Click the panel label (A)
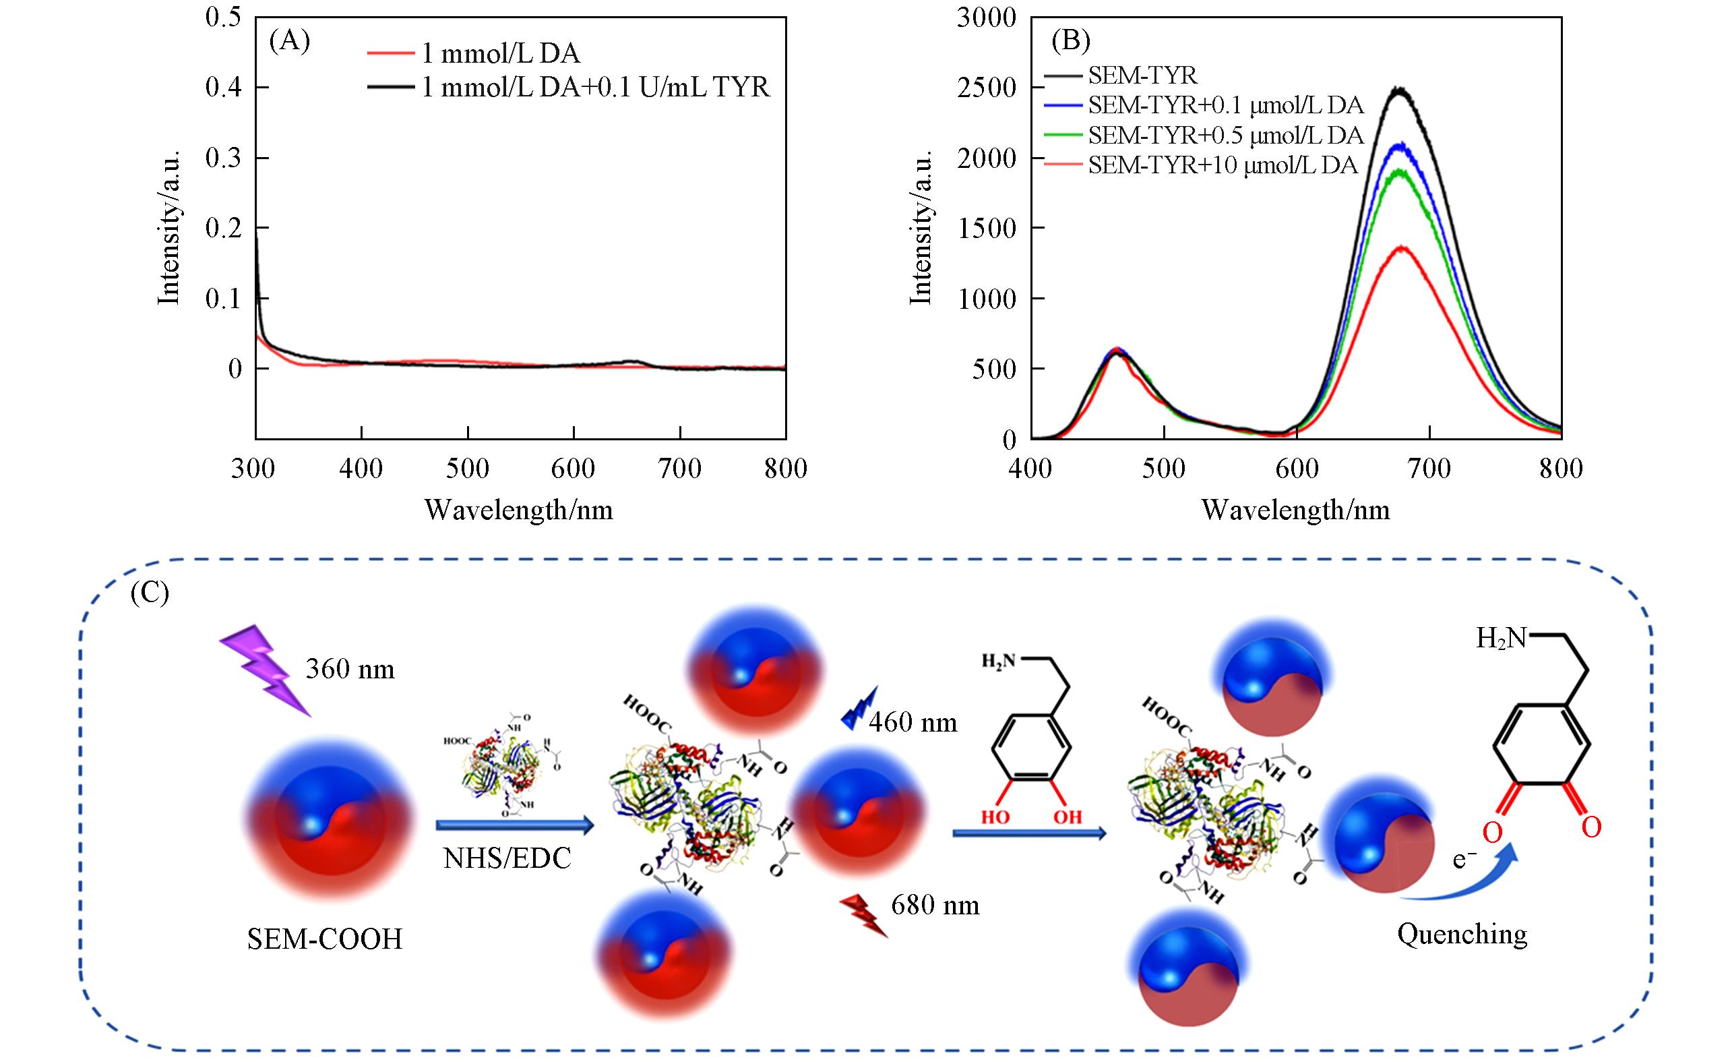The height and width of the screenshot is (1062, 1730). (x=289, y=42)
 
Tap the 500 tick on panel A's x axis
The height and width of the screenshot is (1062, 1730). (x=468, y=469)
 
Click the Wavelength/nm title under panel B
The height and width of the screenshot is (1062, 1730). (x=1295, y=510)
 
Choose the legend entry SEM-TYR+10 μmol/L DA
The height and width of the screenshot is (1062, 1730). (x=1222, y=166)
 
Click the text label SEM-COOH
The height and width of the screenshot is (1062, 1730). (x=324, y=939)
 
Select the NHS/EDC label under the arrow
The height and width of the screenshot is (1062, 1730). (x=507, y=858)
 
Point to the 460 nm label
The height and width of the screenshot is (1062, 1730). (x=913, y=722)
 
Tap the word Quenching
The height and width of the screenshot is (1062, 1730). (x=1462, y=934)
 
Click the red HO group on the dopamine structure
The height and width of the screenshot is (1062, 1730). (x=995, y=817)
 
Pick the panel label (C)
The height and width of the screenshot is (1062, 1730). (x=150, y=594)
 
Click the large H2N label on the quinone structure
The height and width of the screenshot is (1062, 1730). (x=1501, y=639)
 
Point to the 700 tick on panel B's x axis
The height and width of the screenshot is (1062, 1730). (x=1429, y=469)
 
